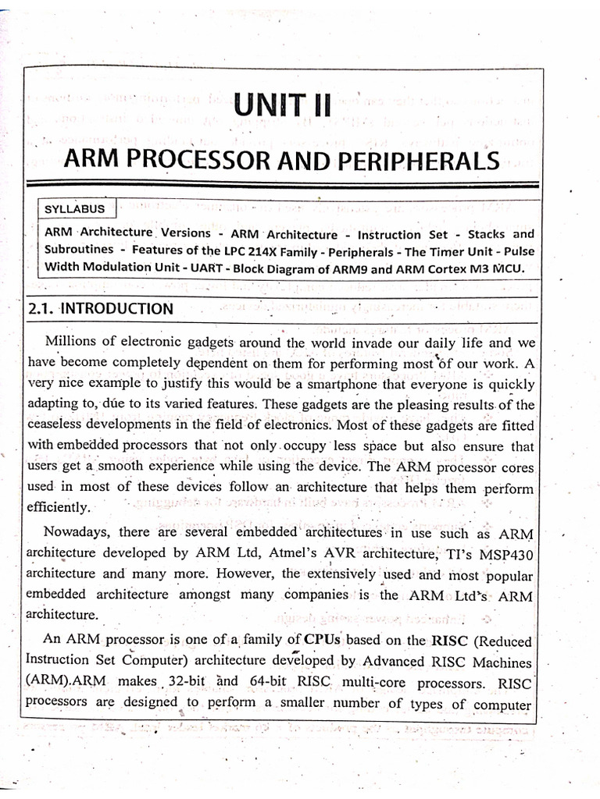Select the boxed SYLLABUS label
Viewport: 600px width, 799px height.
(x=77, y=209)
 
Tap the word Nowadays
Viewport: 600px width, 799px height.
(x=80, y=534)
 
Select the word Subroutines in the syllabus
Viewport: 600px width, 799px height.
(x=80, y=251)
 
